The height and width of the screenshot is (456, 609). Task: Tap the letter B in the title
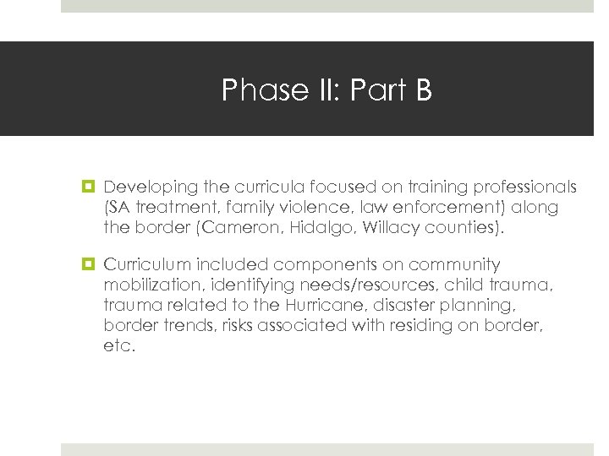coord(423,90)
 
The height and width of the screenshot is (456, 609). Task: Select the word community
coord(453,265)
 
